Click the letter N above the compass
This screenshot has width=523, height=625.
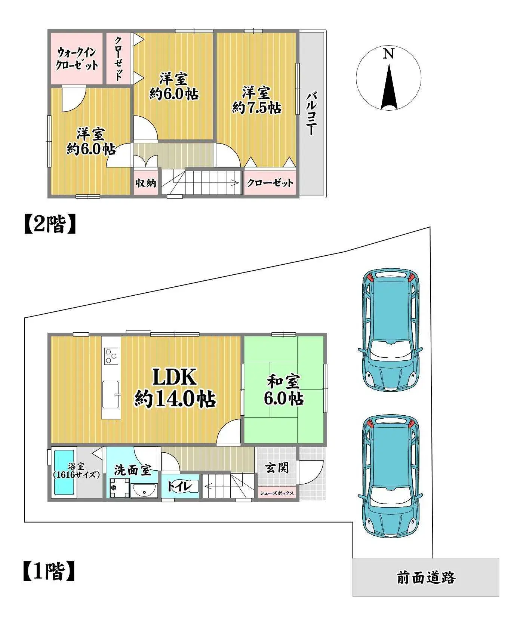pyautogui.click(x=388, y=54)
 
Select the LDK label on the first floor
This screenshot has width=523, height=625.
pyautogui.click(x=175, y=378)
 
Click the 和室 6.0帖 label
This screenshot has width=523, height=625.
pyautogui.click(x=283, y=391)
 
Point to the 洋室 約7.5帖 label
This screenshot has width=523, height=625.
pyautogui.click(x=256, y=100)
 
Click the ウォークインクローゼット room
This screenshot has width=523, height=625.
pyautogui.click(x=77, y=59)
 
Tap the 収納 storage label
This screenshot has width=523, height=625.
pyautogui.click(x=145, y=183)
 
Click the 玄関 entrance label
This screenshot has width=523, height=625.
pyautogui.click(x=277, y=467)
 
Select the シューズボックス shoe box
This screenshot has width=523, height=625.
pyautogui.click(x=277, y=493)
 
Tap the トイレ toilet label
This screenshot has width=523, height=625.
pyautogui.click(x=179, y=486)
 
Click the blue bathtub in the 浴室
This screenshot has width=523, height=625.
pyautogui.click(x=64, y=473)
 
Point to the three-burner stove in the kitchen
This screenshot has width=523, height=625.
pyautogui.click(x=111, y=355)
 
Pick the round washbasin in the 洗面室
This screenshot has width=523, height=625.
pyautogui.click(x=144, y=490)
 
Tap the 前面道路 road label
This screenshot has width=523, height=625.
pyautogui.click(x=425, y=578)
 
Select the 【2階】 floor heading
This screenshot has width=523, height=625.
pyautogui.click(x=50, y=224)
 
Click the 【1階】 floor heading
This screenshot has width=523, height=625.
pyautogui.click(x=49, y=572)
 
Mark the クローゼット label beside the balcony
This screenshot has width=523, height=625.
pyautogui.click(x=270, y=183)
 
